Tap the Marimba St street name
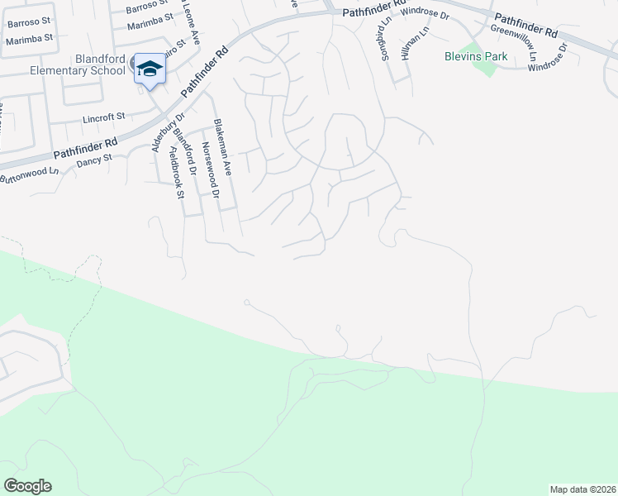(x=29, y=38)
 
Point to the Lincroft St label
(x=103, y=118)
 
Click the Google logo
(x=27, y=486)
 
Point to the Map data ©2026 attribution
(x=582, y=489)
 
